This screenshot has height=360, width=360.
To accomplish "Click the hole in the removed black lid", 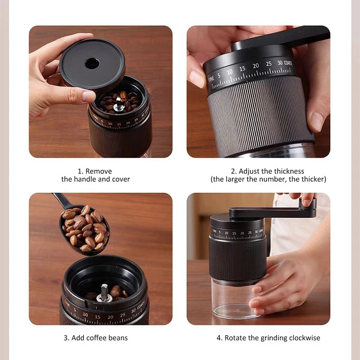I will [92, 63].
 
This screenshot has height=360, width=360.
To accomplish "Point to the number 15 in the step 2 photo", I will [243, 68].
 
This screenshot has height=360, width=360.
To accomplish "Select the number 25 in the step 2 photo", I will [269, 64].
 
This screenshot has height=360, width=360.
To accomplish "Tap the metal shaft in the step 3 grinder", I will [104, 292].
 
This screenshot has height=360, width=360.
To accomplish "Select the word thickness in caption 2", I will [287, 171].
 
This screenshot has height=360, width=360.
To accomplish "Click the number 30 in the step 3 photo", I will [133, 311].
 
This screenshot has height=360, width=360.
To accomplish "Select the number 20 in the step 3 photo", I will [111, 317].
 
